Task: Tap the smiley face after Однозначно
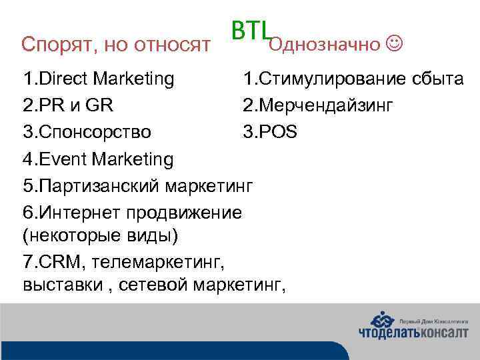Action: click(x=395, y=44)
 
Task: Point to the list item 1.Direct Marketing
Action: click(x=99, y=79)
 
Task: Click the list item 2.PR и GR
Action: click(x=68, y=105)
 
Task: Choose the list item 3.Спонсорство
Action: click(x=87, y=132)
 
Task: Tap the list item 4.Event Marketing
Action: click(x=98, y=159)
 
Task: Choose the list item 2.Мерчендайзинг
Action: click(x=318, y=105)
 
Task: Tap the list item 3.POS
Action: click(x=270, y=132)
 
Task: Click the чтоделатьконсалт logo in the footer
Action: click(x=413, y=327)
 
